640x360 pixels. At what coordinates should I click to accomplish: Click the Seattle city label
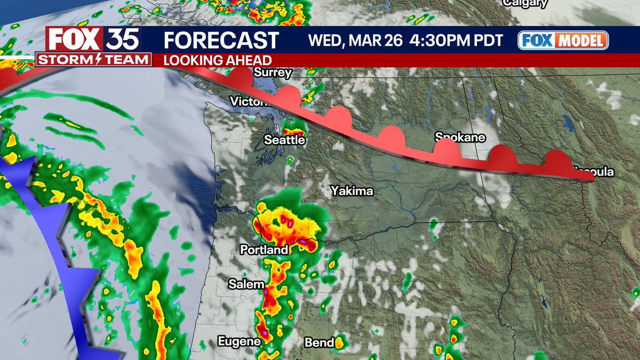(x=285, y=140)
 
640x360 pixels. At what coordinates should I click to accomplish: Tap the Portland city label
(x=264, y=250)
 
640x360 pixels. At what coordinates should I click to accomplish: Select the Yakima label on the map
(x=352, y=191)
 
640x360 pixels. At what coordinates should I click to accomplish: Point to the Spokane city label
(x=460, y=138)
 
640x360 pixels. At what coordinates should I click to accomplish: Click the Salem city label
(x=246, y=284)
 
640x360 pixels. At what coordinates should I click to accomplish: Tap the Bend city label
(x=319, y=342)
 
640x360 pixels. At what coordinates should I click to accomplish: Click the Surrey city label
(x=273, y=73)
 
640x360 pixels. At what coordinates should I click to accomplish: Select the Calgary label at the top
(x=525, y=4)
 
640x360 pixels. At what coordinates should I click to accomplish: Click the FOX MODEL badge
(x=563, y=41)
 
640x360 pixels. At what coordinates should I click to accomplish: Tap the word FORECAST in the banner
(x=221, y=41)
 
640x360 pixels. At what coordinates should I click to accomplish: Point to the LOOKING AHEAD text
(x=217, y=60)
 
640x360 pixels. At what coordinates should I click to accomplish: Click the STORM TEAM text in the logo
(x=94, y=60)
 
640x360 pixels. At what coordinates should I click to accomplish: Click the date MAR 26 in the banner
(x=375, y=41)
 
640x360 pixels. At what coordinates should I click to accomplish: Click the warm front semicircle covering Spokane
(x=447, y=150)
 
